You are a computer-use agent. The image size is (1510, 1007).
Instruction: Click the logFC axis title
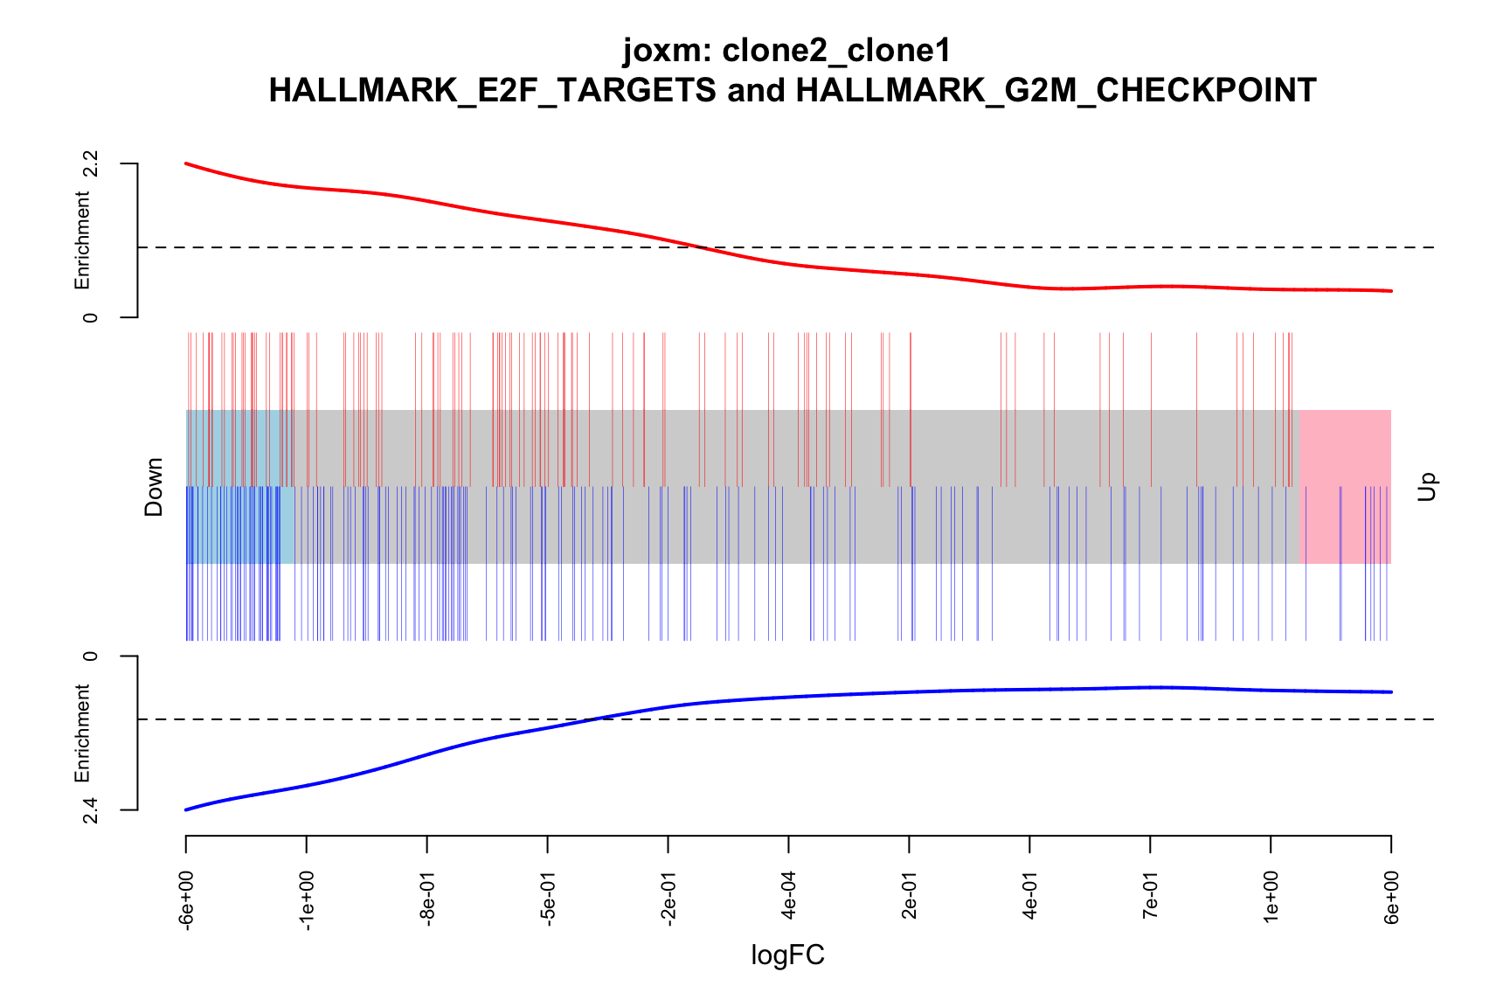click(788, 955)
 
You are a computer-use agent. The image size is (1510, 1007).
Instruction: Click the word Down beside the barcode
click(154, 487)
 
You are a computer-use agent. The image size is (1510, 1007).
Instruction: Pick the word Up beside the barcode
click(1427, 487)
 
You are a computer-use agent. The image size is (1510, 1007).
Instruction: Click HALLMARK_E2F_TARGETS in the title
click(492, 91)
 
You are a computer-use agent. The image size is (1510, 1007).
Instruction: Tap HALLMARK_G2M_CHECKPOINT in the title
click(1056, 91)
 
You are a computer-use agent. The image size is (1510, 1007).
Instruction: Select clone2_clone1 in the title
click(836, 51)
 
